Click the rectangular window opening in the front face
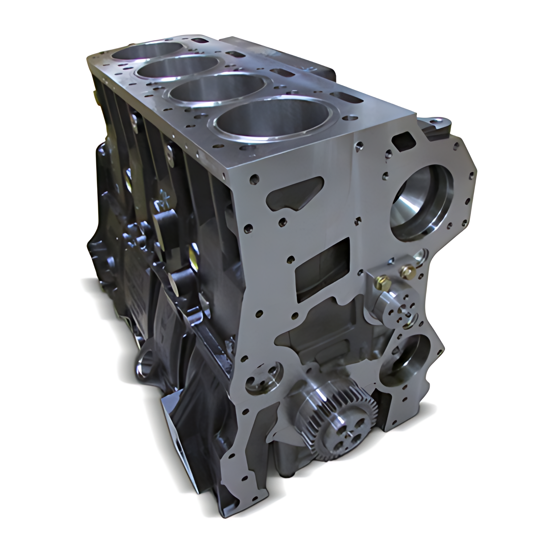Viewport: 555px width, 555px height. [x=322, y=271]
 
